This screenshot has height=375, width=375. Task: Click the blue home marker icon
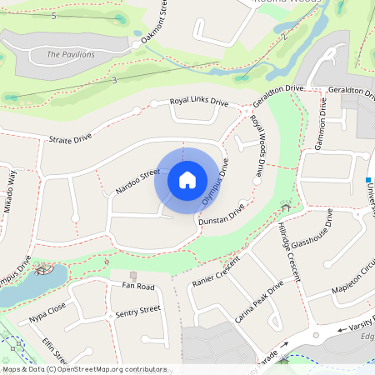(187, 179)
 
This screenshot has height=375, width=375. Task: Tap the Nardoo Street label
(137, 181)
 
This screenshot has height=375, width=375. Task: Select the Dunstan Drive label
(221, 216)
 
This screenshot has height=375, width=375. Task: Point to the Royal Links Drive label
(198, 102)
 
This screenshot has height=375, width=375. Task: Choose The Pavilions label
(71, 54)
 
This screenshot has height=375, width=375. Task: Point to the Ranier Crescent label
(215, 269)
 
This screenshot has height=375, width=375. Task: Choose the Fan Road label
(139, 287)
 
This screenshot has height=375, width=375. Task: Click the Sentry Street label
(137, 311)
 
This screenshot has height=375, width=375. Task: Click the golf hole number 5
(53, 16)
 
